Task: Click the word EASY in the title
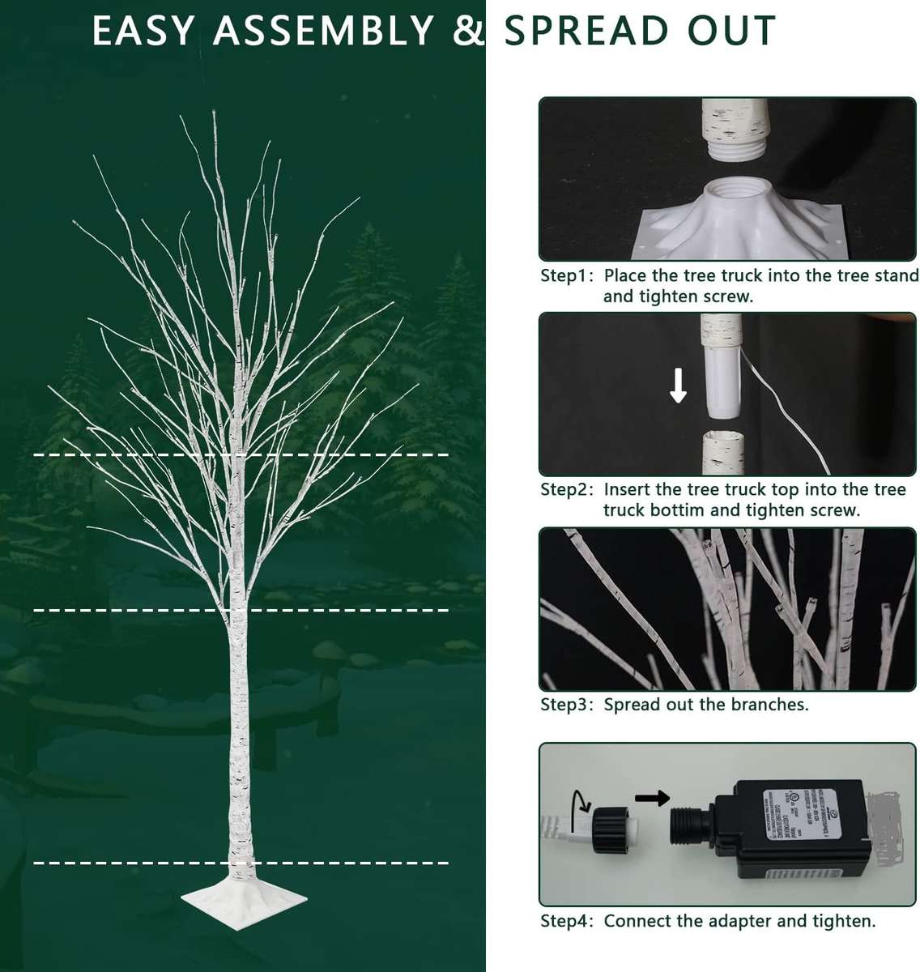click(143, 32)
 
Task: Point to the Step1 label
click(567, 275)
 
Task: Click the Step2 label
click(567, 489)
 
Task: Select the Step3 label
click(567, 705)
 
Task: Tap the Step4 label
click(567, 921)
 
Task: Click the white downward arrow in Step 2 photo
click(678, 386)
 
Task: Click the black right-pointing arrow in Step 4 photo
click(651, 799)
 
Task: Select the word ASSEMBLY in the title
click(324, 32)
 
